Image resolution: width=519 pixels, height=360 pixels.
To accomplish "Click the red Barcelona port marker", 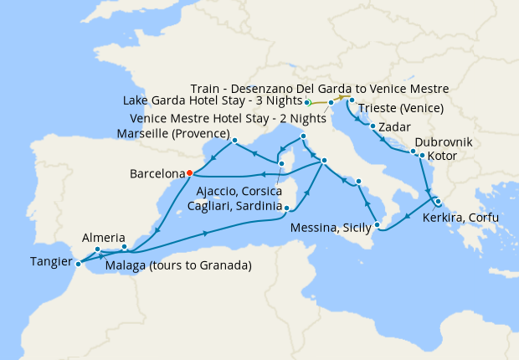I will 190,172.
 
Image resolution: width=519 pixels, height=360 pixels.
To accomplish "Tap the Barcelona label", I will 157,175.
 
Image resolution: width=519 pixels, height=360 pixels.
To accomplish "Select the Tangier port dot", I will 78,264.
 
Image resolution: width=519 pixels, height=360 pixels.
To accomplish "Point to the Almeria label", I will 104,238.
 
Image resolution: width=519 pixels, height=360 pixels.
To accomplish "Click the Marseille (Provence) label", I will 174,133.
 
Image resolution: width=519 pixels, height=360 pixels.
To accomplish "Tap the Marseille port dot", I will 237,140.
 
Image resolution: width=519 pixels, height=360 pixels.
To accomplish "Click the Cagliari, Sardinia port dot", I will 286,208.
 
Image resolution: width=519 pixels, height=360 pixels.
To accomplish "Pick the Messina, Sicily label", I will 331,228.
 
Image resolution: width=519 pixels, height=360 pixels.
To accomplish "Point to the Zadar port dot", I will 372,127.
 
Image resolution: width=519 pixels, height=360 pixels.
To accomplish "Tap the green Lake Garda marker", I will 308,102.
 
